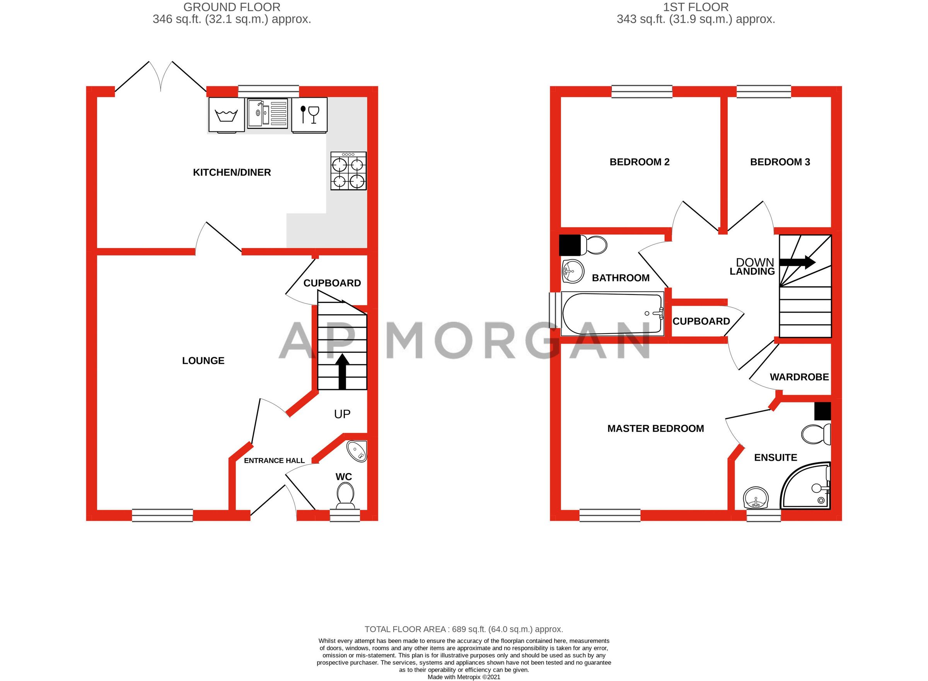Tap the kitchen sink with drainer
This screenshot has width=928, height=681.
pyautogui.click(x=268, y=113)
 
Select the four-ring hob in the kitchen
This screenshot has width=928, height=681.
pyautogui.click(x=348, y=171)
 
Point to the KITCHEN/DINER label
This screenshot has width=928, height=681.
pyautogui.click(x=232, y=172)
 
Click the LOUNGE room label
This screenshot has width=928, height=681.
pyautogui.click(x=203, y=361)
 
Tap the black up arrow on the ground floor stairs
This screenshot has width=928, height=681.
pyautogui.click(x=342, y=371)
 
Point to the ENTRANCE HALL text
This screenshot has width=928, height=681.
pyautogui.click(x=274, y=460)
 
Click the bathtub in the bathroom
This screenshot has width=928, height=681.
pyautogui.click(x=612, y=314)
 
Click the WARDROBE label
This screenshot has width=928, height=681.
pyautogui.click(x=799, y=377)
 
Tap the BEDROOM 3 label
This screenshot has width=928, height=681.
pyautogui.click(x=780, y=162)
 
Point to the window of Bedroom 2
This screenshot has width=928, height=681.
pyautogui.click(x=642, y=91)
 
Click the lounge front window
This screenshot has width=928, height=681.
pyautogui.click(x=162, y=515)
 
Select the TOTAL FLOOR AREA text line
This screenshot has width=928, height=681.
pyautogui.click(x=464, y=629)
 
